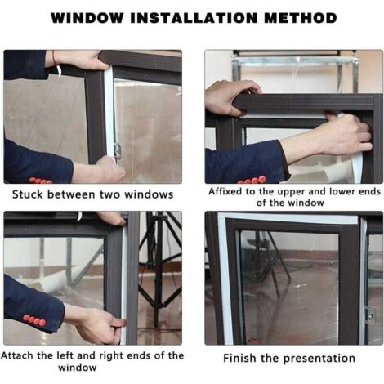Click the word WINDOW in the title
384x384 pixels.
pos(87,18)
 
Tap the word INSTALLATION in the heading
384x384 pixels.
pos(194,18)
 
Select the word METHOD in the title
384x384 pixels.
pos(301,18)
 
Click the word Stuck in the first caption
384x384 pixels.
pos(28,194)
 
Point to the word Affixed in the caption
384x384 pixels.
pos(225,191)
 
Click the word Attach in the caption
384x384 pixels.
pos(17,355)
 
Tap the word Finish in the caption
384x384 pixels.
pos(240,358)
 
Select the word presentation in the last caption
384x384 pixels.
pos(319,359)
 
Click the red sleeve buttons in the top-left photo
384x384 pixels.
pos(41,181)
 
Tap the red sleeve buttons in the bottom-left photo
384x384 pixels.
pos(34,320)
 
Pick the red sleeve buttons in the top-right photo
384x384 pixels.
pos(252,181)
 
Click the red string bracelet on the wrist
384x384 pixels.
pos(55,57)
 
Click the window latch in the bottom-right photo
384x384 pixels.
pos(370,313)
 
